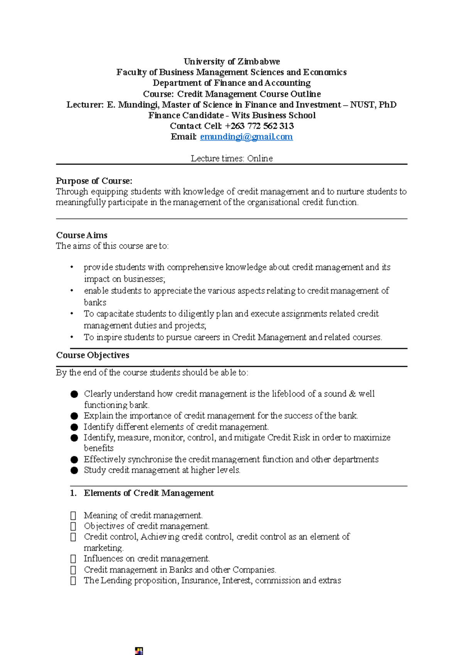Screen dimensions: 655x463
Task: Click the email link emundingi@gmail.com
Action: tap(246, 137)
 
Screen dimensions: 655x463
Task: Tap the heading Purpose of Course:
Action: tap(94, 181)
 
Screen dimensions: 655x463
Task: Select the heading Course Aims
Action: tap(82, 235)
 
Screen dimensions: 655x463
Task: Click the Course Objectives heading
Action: tap(93, 355)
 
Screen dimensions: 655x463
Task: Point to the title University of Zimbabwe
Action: tap(231, 62)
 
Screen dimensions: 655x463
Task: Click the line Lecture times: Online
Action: tap(231, 159)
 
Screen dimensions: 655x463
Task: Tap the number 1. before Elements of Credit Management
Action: tap(73, 493)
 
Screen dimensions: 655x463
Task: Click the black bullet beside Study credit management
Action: tap(74, 471)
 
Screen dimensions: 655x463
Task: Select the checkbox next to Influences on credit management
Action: tap(73, 559)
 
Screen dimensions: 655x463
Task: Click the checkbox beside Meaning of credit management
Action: tap(73, 516)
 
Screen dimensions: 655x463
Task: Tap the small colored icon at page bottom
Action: tap(139, 651)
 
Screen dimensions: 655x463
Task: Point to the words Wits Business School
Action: tap(274, 116)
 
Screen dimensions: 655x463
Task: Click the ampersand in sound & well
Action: tap(352, 394)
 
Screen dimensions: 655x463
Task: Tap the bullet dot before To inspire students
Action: tap(72, 337)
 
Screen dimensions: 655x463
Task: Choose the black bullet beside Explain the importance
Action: tap(74, 416)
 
